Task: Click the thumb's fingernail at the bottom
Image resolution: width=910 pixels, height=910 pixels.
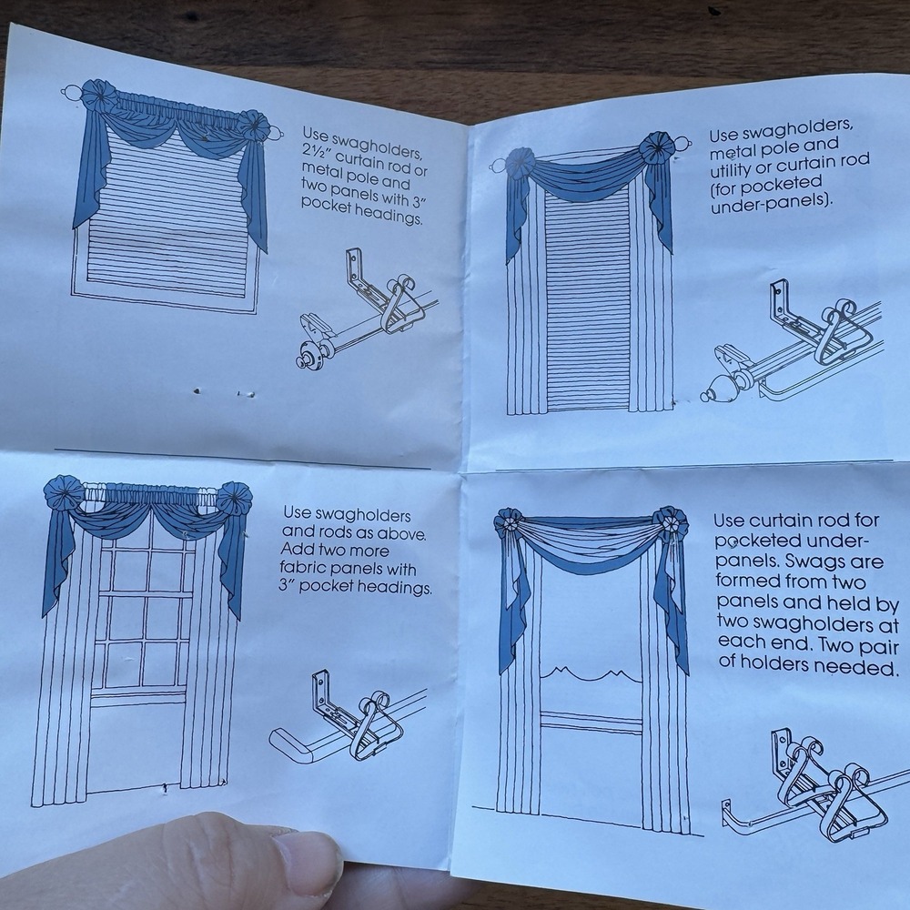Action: click(x=307, y=864)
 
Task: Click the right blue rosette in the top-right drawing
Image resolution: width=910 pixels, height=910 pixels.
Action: click(x=656, y=149)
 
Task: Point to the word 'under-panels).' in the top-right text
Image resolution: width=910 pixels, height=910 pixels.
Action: click(x=772, y=204)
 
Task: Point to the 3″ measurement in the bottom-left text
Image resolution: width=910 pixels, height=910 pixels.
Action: click(x=284, y=585)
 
